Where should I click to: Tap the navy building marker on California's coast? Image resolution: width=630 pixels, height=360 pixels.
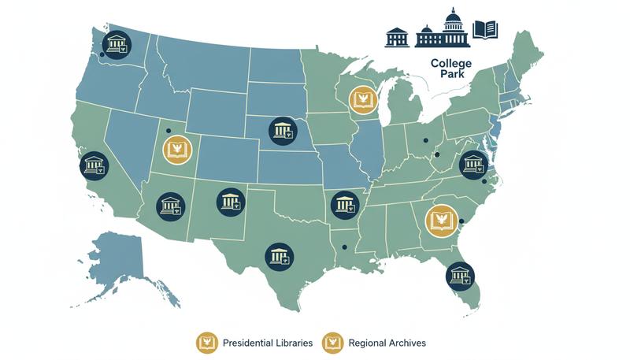(94, 165)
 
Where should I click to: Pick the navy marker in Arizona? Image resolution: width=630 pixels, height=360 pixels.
(171, 206)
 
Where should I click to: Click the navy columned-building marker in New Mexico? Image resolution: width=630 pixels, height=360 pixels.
(230, 202)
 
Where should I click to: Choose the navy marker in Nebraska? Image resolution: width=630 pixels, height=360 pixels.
(282, 130)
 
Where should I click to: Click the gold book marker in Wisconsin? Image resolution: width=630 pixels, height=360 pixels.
(363, 99)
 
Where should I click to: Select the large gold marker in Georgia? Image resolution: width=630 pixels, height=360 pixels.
(440, 220)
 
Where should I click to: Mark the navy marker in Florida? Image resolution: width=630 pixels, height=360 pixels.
(459, 275)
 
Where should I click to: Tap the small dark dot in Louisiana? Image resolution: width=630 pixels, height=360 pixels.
(344, 249)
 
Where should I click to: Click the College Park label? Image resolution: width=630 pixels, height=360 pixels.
(451, 69)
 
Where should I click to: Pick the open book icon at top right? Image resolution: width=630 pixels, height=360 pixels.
(485, 31)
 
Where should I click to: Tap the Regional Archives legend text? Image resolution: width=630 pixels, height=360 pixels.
(388, 343)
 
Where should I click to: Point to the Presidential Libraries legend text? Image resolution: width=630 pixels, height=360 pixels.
(268, 343)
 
